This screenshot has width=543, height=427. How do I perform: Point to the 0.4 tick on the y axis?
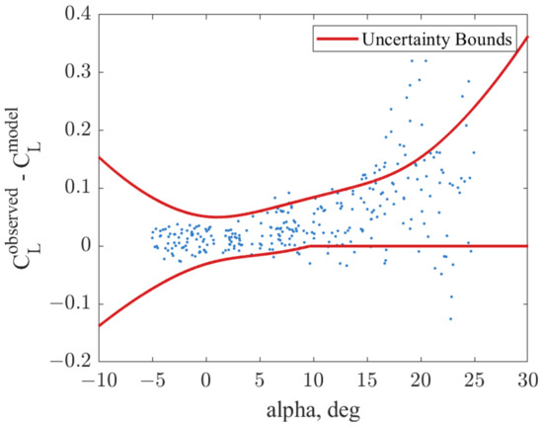(x=77, y=15)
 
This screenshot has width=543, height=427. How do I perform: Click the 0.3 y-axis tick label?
(x=77, y=72)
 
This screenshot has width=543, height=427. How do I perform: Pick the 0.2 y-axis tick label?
(x=77, y=130)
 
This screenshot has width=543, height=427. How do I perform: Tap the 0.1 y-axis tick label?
(x=77, y=188)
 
